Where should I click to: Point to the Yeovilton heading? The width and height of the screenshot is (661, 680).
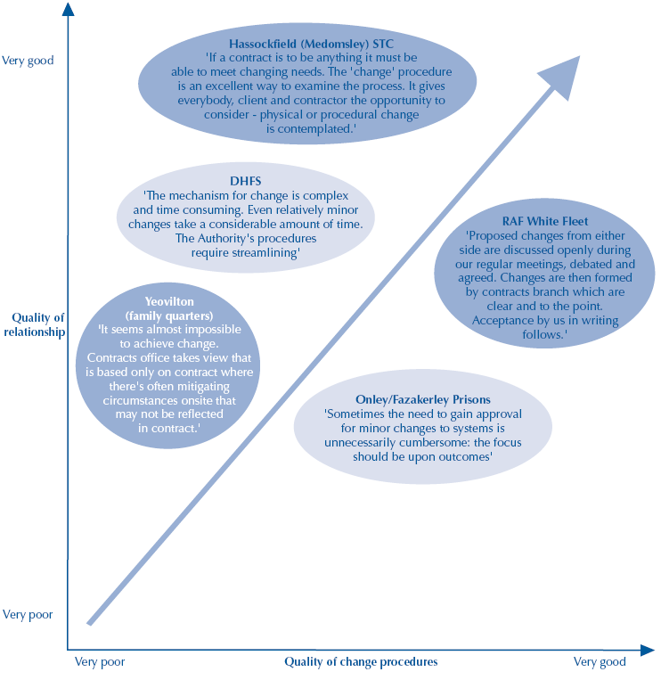[x=167, y=301]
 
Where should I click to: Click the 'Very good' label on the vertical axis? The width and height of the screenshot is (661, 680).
[x=28, y=61]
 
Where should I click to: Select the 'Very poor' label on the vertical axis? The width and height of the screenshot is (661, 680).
[x=28, y=615]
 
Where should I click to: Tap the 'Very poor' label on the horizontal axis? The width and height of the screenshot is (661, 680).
[x=100, y=662]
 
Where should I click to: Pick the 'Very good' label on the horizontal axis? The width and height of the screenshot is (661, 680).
[x=600, y=662]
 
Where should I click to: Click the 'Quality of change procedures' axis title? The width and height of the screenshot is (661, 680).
[x=361, y=662]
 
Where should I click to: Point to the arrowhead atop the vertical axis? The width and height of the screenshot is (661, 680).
[x=68, y=11]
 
